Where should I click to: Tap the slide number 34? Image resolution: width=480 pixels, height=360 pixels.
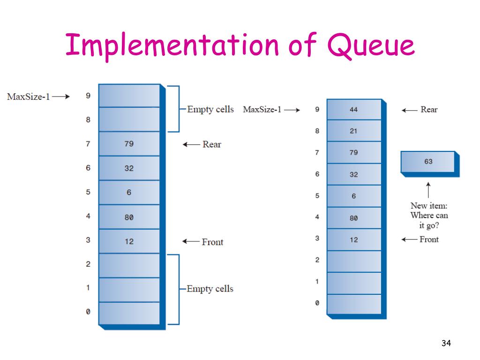click(446, 344)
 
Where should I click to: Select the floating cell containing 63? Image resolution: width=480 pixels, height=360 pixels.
click(428, 162)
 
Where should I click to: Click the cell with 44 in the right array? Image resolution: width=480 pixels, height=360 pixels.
click(354, 110)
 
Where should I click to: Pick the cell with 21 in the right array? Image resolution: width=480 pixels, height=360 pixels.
click(354, 131)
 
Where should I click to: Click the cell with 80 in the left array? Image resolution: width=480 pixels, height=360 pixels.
click(129, 217)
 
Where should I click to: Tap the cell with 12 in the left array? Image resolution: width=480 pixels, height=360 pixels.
click(129, 241)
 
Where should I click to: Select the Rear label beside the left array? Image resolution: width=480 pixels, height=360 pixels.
click(211, 144)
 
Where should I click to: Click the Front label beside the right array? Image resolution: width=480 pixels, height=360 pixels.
click(429, 240)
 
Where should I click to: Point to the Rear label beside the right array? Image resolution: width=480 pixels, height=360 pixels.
click(429, 110)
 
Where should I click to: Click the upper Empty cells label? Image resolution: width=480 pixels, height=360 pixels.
click(210, 109)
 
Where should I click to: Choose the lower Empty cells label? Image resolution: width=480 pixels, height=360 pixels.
click(210, 289)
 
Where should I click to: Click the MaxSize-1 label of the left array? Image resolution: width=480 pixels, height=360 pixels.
click(28, 97)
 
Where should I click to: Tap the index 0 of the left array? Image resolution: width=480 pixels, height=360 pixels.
click(88, 312)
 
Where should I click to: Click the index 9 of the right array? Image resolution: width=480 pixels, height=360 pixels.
click(317, 110)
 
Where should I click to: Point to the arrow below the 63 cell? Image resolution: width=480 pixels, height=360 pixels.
click(428, 190)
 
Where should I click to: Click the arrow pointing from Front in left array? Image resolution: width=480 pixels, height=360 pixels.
click(191, 242)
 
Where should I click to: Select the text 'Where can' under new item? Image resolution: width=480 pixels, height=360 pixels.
click(429, 215)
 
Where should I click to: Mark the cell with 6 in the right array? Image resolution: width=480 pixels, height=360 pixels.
click(354, 196)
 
